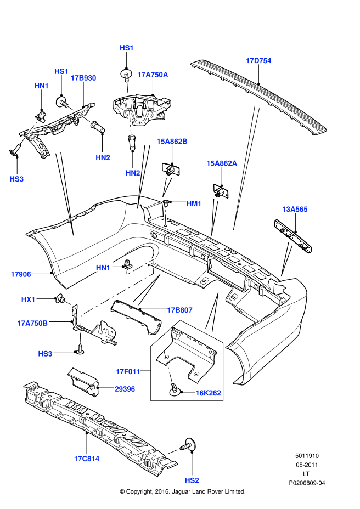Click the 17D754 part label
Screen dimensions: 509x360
tap(258, 60)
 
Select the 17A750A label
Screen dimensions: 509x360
tap(153, 75)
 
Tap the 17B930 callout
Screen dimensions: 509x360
tap(83, 78)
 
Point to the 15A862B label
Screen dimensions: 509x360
tap(172, 142)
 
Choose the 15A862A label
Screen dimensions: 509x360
tap(222, 163)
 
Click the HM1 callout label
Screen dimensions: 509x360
tap(194, 203)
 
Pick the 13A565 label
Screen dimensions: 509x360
tap(295, 209)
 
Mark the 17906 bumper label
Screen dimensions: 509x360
tap(21, 273)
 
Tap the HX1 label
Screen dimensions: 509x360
tap(28, 299)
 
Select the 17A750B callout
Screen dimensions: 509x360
tap(32, 323)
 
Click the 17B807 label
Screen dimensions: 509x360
tap(179, 310)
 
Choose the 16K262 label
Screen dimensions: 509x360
tap(209, 393)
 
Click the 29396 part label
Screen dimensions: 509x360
tap(126, 389)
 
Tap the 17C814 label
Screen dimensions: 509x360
tap(87, 459)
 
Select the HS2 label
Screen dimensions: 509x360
tap(192, 480)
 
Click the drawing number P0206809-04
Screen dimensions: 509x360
tap(307, 483)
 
